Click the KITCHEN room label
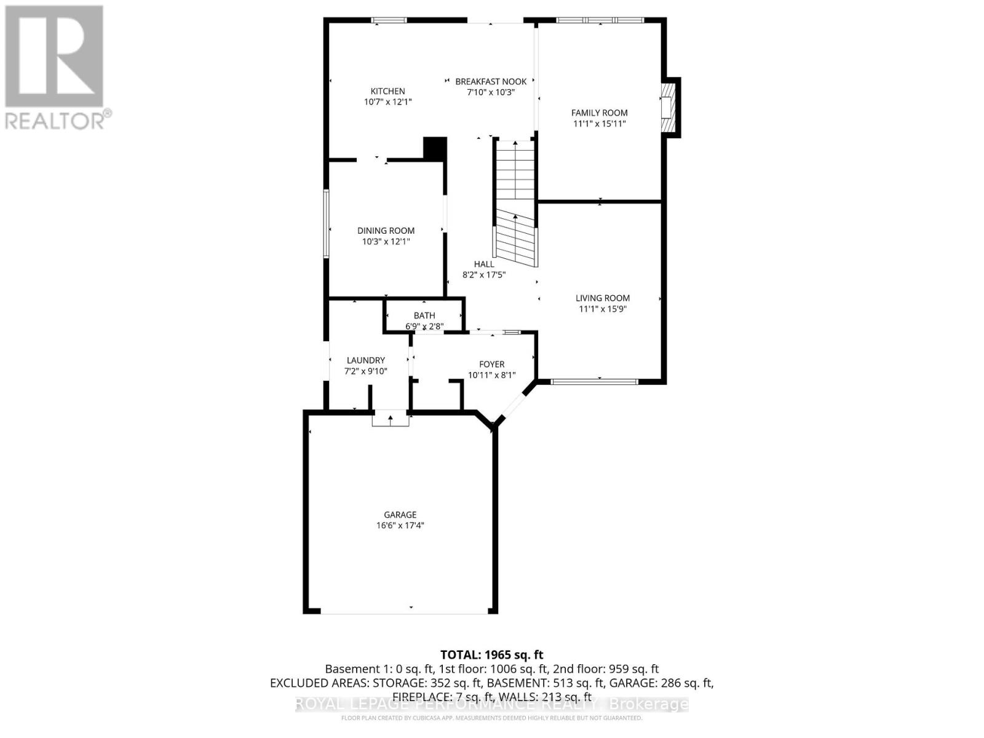[x=387, y=91]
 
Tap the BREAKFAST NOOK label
[x=491, y=81]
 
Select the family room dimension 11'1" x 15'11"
[x=599, y=124]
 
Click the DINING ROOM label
[x=386, y=231]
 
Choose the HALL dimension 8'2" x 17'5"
[x=484, y=275]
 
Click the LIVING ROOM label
[x=602, y=298]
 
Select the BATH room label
[x=424, y=315]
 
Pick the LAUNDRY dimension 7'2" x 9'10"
[x=365, y=371]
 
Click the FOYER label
[x=491, y=364]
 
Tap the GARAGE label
[x=400, y=515]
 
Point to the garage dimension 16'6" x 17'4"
[x=400, y=526]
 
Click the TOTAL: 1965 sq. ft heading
[x=491, y=655]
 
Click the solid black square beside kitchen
[x=435, y=149]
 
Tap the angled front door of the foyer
[x=514, y=403]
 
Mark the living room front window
[x=594, y=382]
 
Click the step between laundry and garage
[x=391, y=420]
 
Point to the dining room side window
[x=327, y=223]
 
